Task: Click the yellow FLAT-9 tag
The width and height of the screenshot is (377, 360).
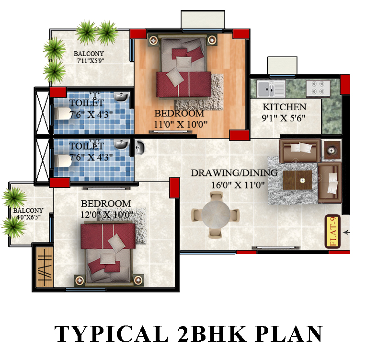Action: [332, 232]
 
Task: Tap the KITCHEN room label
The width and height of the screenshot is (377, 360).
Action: [284, 107]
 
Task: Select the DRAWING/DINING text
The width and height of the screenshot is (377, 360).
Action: [234, 173]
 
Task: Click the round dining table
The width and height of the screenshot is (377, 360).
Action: [216, 213]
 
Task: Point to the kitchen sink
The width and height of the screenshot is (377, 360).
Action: [271, 89]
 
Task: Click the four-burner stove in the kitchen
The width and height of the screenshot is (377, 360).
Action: [318, 88]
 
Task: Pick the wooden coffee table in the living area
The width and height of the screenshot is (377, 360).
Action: [297, 180]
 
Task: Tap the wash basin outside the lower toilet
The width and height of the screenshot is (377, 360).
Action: [139, 147]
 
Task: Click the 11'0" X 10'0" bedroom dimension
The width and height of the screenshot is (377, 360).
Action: [180, 125]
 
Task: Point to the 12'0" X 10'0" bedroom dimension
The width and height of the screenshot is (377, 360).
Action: [107, 215]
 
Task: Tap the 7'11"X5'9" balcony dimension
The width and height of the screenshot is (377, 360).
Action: [91, 61]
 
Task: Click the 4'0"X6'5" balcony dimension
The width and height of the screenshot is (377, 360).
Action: [28, 217]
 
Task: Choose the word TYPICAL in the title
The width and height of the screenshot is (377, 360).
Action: [112, 334]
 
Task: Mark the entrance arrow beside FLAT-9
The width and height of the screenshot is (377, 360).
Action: [347, 232]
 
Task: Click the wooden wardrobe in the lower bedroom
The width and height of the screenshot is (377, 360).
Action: [45, 267]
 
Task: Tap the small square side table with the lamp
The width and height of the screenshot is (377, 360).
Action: [331, 150]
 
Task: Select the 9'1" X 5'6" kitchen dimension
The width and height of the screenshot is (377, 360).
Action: [284, 118]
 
